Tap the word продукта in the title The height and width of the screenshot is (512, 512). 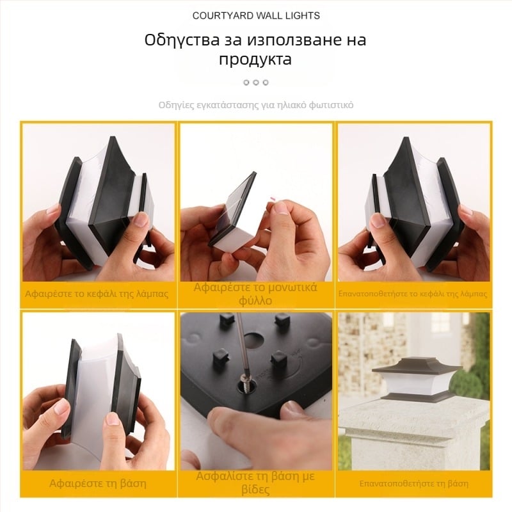(x=255, y=60)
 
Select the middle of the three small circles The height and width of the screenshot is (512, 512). (x=256, y=83)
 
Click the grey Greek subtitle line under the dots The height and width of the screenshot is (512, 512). (x=256, y=105)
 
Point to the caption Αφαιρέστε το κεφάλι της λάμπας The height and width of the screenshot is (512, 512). (x=97, y=294)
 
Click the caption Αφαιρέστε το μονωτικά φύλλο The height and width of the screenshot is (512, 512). (x=255, y=294)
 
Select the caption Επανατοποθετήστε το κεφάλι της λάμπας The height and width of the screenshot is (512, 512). (x=413, y=294)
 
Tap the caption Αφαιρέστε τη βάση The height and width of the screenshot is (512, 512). (x=98, y=483)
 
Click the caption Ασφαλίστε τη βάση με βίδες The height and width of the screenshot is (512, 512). (x=255, y=483)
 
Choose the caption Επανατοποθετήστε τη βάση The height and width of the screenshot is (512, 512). (x=413, y=484)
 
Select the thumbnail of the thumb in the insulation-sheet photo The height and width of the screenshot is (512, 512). (x=282, y=209)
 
